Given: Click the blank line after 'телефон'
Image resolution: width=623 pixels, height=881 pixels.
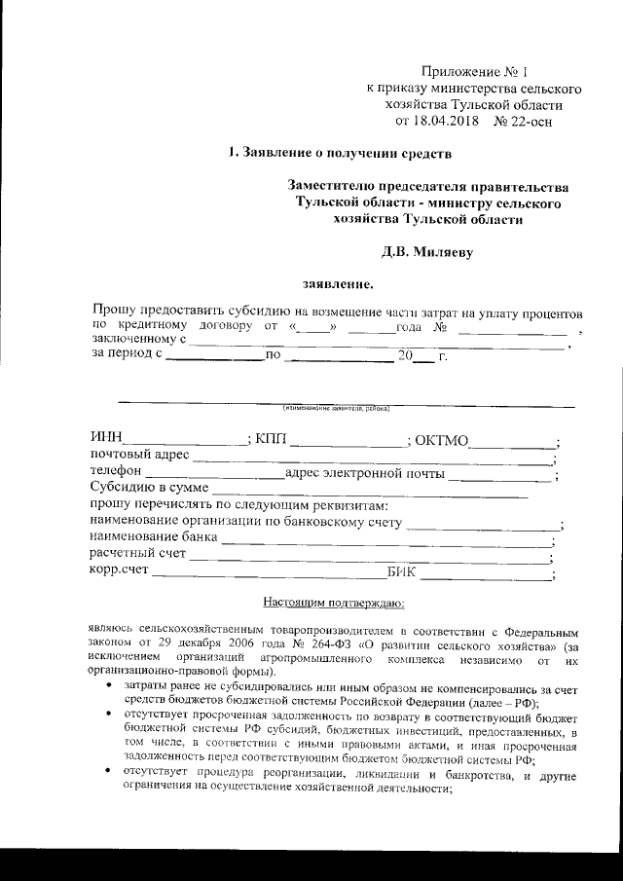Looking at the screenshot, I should (213, 476).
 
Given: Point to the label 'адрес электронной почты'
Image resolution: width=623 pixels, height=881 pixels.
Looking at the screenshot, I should (364, 475).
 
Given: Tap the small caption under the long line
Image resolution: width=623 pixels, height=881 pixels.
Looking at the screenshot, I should (337, 407).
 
